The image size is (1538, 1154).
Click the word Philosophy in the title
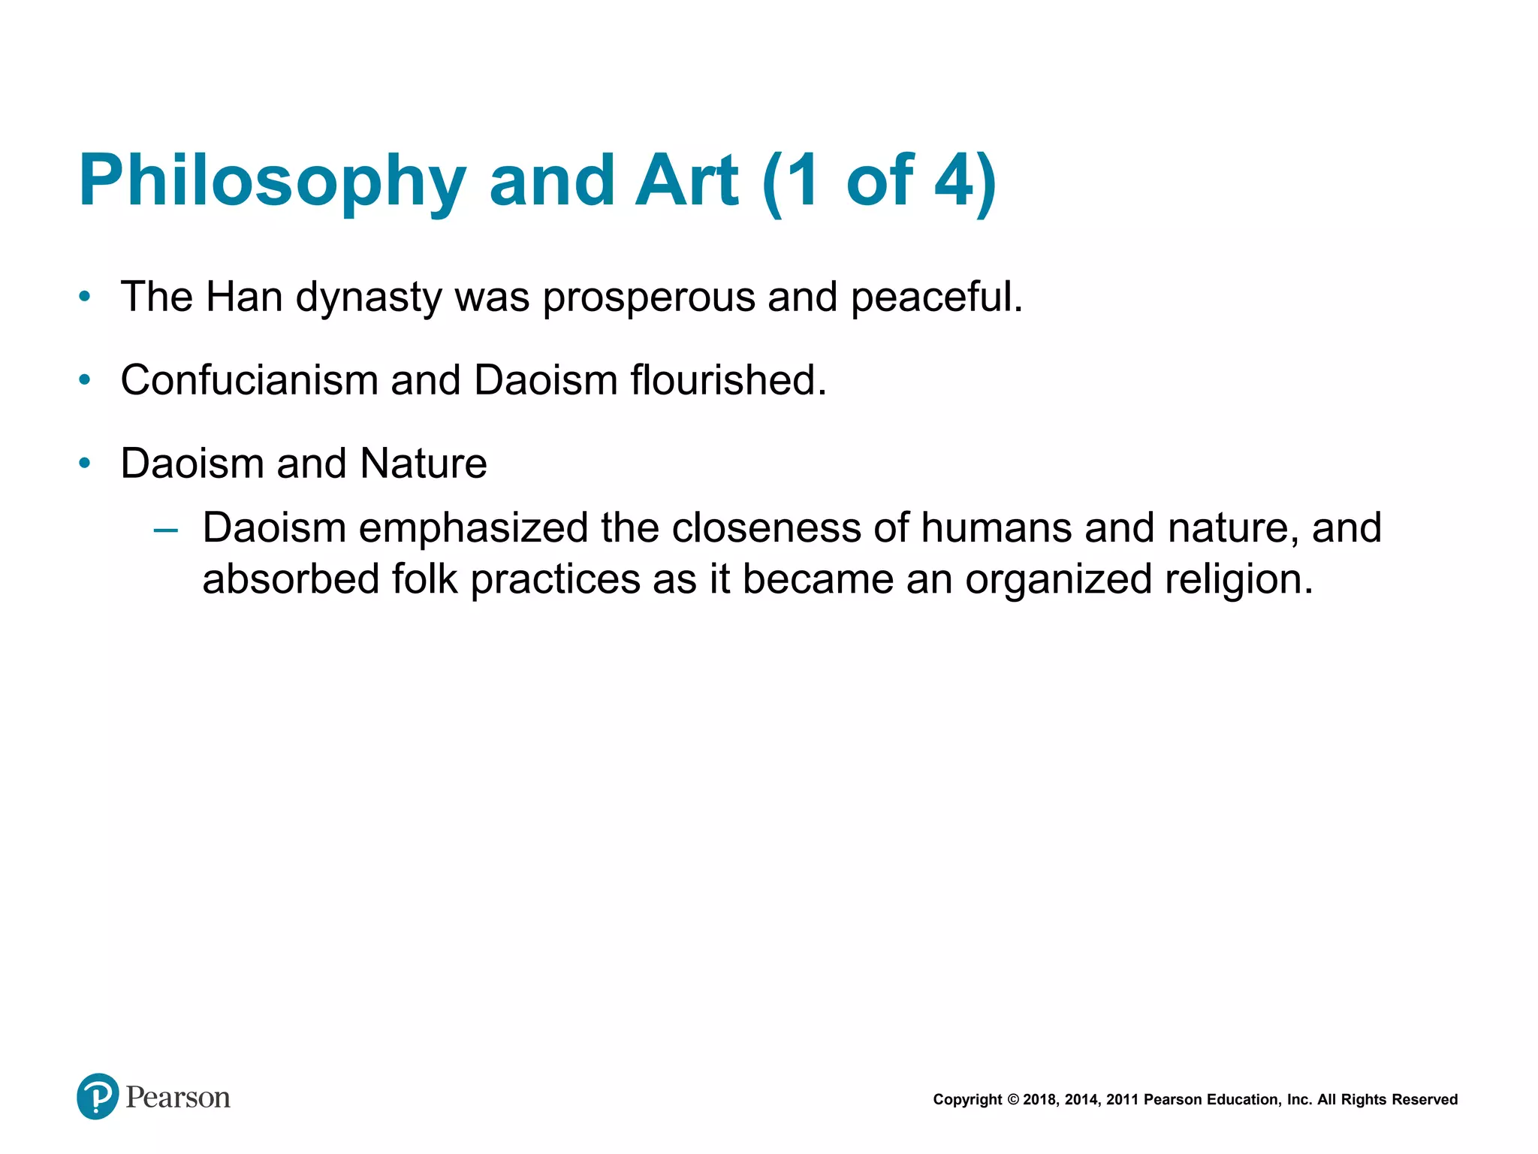coord(272,182)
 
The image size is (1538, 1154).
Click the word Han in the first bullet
coord(243,297)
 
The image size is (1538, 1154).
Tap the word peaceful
coord(936,298)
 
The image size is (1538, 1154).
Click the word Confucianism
coord(249,380)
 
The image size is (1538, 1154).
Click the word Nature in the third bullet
coord(424,464)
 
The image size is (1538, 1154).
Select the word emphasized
coord(474,528)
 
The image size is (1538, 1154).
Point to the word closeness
coord(766,528)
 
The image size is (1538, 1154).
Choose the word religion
coord(1239,581)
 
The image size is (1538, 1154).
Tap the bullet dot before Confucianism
coord(85,380)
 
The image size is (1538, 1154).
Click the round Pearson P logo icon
coord(98,1096)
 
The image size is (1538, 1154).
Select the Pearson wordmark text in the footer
coord(178,1098)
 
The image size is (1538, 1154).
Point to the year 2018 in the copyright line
coord(1039,1100)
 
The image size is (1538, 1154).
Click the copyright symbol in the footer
coord(1012,1100)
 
